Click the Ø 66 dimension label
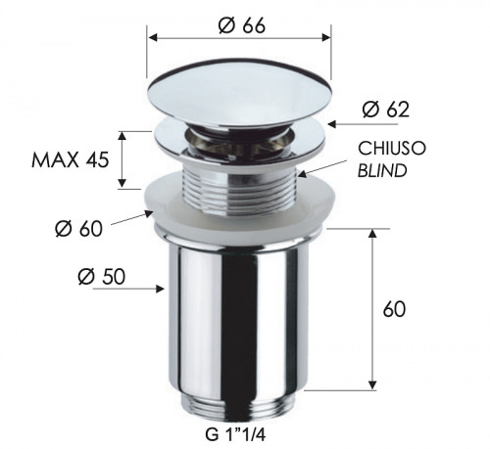click(x=238, y=17)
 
